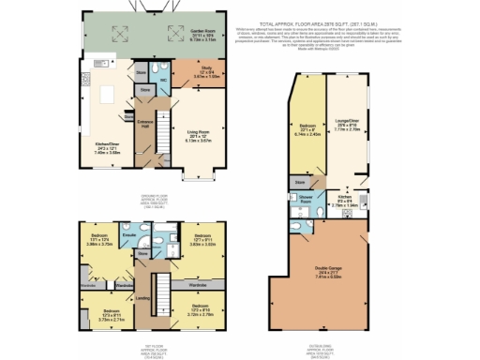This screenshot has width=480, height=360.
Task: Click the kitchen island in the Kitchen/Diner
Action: point(106,95)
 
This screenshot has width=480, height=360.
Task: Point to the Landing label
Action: point(142,298)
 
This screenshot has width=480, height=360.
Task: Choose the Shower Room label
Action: point(307,199)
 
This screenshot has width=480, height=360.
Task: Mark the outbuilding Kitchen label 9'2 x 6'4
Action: point(349,197)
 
